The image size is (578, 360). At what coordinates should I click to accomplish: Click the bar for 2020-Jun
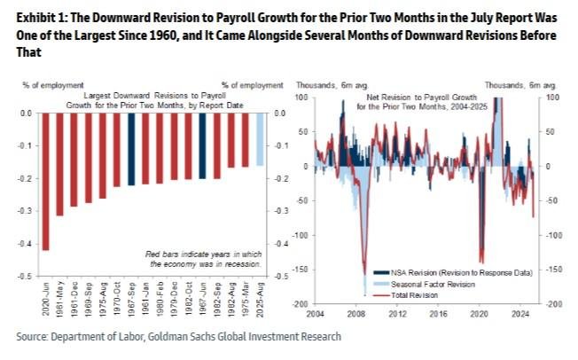pos(46,182)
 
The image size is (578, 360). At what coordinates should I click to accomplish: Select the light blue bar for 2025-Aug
pos(260,139)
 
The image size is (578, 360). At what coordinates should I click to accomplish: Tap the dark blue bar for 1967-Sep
pos(131,149)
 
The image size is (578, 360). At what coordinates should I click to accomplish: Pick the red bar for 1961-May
pos(60,164)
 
